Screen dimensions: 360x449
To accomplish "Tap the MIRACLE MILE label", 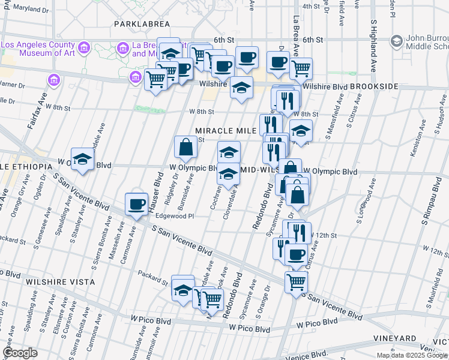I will point(226,131).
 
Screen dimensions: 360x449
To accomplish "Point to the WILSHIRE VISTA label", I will point(60,281).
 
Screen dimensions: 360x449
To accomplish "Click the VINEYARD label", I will point(393,338).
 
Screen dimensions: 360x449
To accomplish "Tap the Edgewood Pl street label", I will point(175,216).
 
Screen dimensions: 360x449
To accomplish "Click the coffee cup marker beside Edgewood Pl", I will point(137,205).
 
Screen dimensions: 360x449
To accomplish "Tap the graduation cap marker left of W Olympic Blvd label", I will point(82,160).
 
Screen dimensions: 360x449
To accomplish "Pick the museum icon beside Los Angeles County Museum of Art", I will point(83,47).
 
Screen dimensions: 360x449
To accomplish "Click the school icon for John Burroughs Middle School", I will point(396,41).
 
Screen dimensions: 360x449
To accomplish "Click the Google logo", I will point(20,353).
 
